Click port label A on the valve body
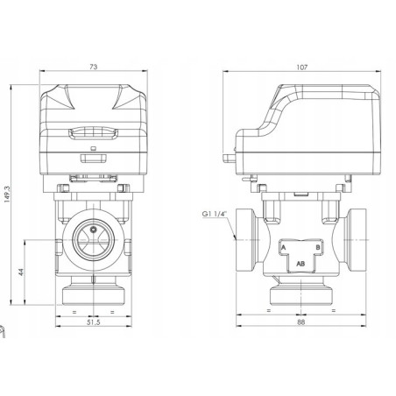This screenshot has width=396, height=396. [285, 247]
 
